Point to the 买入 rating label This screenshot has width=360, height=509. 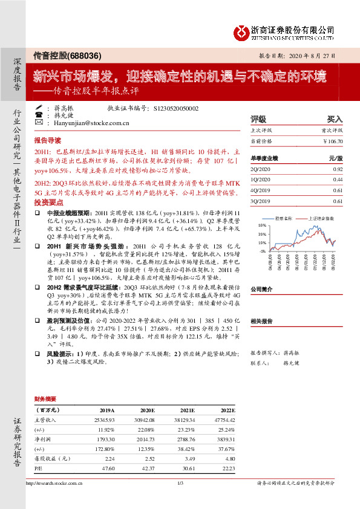(335, 120)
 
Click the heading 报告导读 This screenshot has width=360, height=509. (47, 138)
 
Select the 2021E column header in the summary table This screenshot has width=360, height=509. (188, 409)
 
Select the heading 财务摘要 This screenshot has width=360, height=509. (46, 399)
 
